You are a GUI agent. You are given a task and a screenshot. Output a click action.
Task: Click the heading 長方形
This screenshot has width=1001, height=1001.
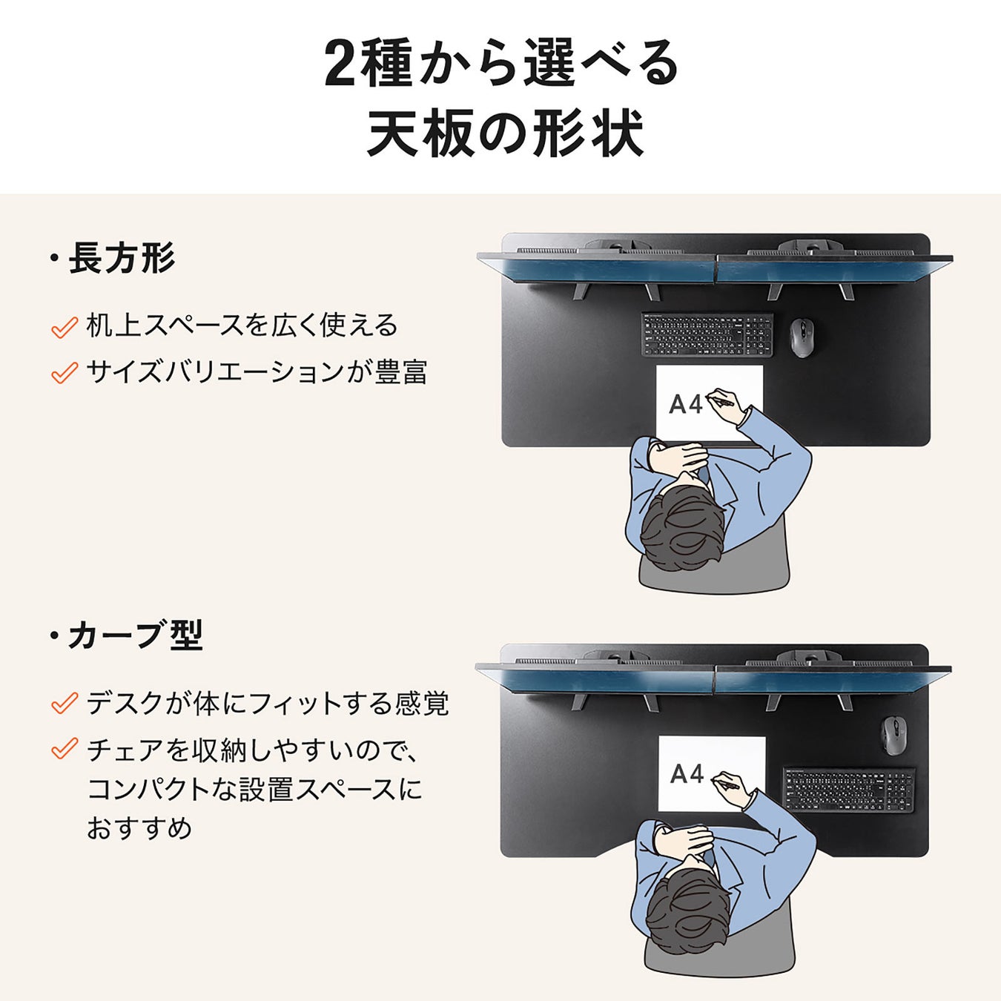tap(122, 257)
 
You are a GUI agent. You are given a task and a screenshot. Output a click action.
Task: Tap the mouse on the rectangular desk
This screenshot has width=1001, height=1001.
tap(802, 337)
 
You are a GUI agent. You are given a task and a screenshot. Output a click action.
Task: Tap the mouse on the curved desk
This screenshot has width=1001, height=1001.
tap(894, 736)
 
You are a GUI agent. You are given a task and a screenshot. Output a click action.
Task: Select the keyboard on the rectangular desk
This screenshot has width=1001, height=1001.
tap(707, 334)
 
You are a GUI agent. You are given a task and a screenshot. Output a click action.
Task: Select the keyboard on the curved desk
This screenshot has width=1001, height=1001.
tap(849, 790)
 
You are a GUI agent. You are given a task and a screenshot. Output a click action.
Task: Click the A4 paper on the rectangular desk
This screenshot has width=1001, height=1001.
tap(710, 403)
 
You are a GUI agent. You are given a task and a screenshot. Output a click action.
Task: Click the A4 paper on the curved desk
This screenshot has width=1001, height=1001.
tap(712, 773)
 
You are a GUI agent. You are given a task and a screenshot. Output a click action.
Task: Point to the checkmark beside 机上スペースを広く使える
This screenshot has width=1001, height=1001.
tap(65, 327)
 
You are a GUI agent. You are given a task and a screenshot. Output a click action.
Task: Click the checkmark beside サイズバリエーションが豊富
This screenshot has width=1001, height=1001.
tap(65, 373)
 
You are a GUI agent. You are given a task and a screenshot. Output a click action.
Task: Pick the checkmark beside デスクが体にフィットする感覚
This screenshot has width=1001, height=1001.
tap(65, 703)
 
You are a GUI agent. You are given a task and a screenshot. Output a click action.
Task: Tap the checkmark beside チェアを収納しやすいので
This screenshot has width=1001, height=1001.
tap(65, 749)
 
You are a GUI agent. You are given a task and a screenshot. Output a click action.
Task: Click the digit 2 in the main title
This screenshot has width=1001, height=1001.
tap(341, 65)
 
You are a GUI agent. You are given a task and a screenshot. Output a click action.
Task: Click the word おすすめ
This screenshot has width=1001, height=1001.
tap(139, 828)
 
